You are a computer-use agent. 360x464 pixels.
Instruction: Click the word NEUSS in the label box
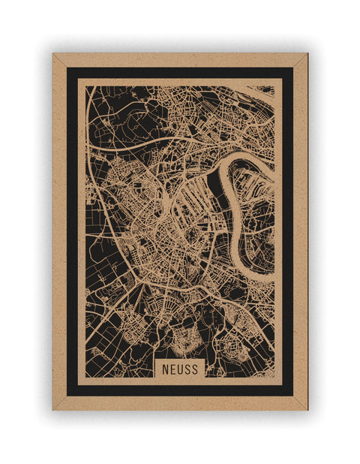tap(179, 369)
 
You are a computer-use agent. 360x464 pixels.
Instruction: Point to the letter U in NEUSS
tap(179, 369)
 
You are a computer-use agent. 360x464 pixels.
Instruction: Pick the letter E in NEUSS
tap(172, 369)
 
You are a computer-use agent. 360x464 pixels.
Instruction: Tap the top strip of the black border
tap(180, 73)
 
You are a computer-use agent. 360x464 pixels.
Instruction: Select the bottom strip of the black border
tap(180, 389)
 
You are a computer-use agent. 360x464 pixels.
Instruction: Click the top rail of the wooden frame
tap(180, 59)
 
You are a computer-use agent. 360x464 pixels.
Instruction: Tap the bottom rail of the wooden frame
tap(180, 403)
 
